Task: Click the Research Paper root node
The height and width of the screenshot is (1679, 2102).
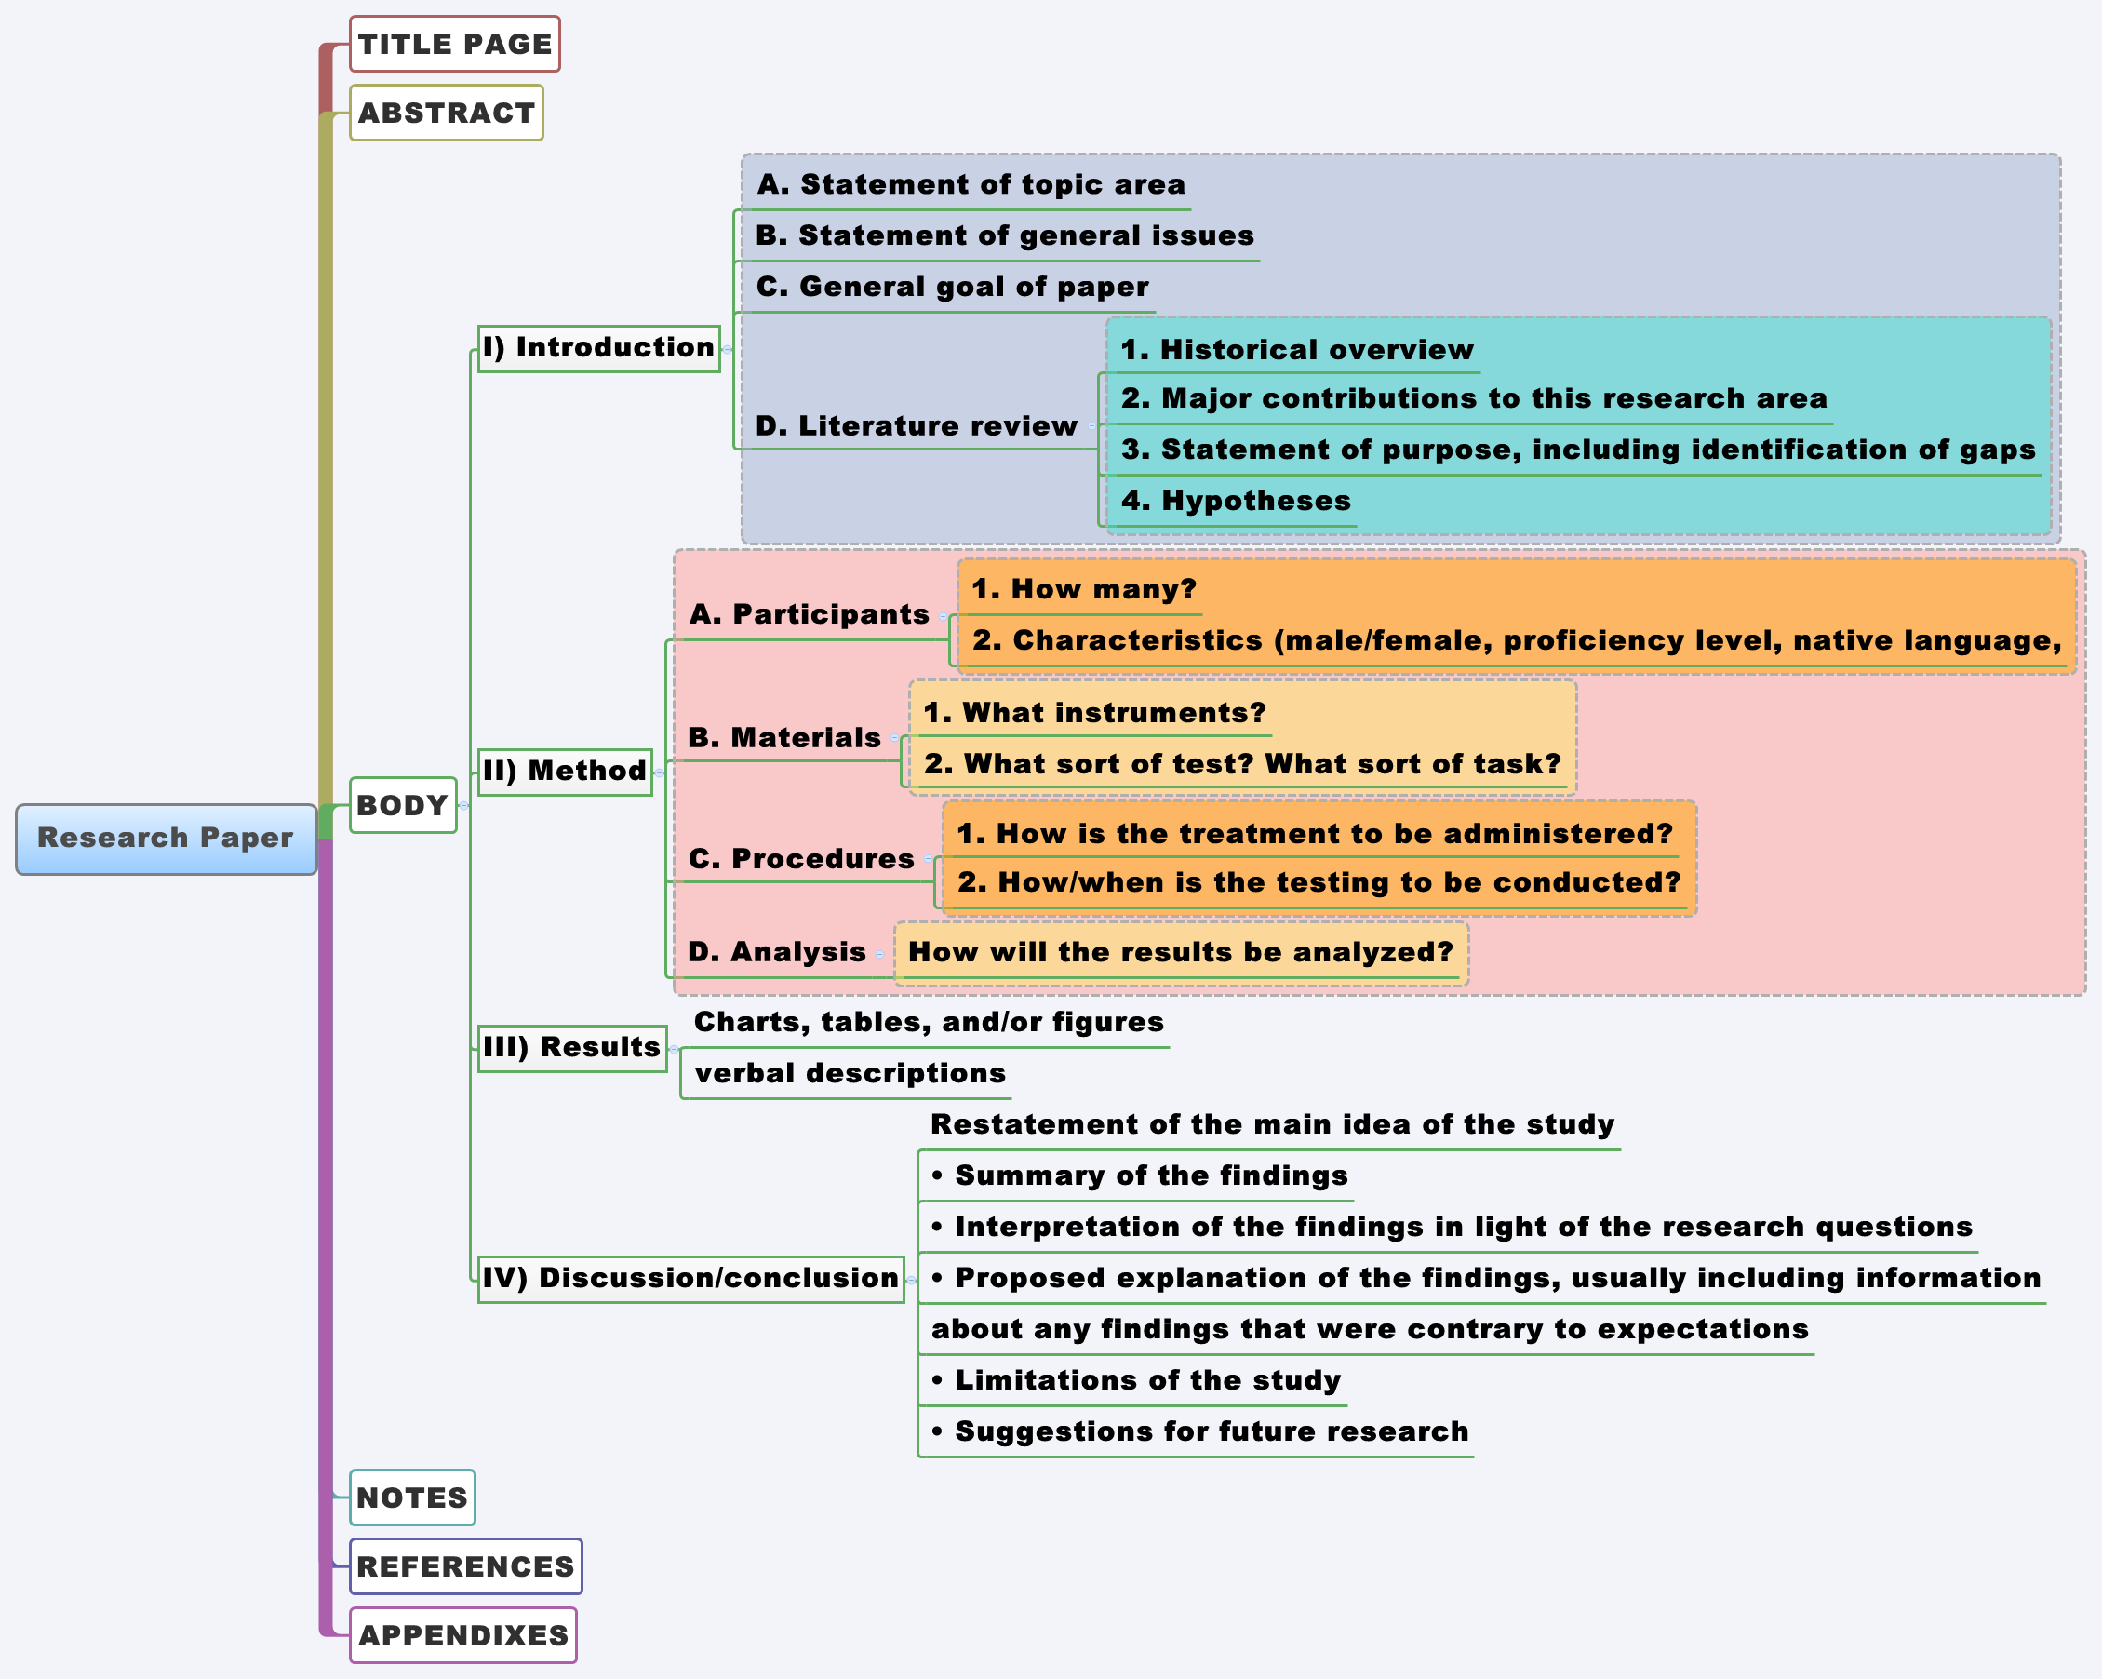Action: click(166, 839)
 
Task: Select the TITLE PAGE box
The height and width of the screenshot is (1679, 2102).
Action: click(454, 44)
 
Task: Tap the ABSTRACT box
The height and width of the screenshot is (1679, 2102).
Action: click(446, 114)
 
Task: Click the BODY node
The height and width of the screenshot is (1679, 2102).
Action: click(402, 805)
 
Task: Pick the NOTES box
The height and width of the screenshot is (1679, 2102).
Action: click(411, 1498)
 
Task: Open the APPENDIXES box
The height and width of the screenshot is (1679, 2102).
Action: click(462, 1635)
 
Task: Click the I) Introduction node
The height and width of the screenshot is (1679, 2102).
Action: click(598, 348)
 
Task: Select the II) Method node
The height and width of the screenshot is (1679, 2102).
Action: click(565, 772)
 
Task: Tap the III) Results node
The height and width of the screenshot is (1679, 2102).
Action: click(571, 1047)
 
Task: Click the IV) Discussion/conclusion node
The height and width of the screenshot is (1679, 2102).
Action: click(690, 1278)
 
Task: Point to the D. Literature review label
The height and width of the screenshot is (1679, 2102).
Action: click(916, 426)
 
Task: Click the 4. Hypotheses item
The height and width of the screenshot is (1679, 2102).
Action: click(1236, 501)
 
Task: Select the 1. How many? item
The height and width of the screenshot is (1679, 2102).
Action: click(1083, 589)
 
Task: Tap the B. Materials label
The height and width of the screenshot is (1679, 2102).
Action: click(783, 738)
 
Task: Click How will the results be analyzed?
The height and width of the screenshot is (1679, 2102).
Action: click(1180, 953)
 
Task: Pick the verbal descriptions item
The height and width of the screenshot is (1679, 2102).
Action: click(850, 1073)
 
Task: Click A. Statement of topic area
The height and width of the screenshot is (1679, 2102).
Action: click(971, 184)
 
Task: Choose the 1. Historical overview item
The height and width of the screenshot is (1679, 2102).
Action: click(1297, 350)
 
